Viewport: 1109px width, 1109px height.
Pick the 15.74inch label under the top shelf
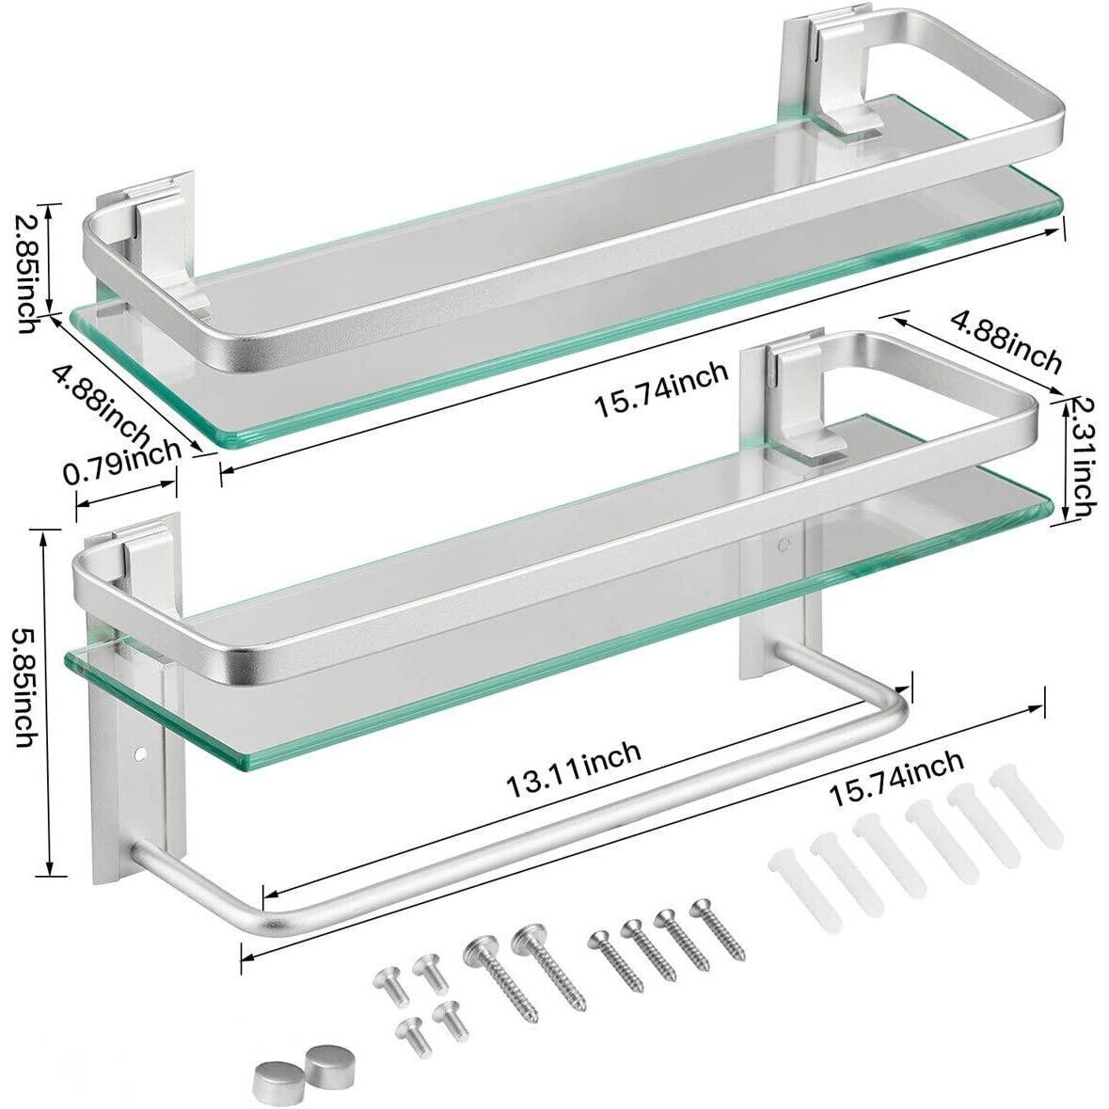click(x=660, y=389)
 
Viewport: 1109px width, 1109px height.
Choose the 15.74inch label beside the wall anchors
click(x=896, y=778)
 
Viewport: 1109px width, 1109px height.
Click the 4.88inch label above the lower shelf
click(x=1006, y=341)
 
